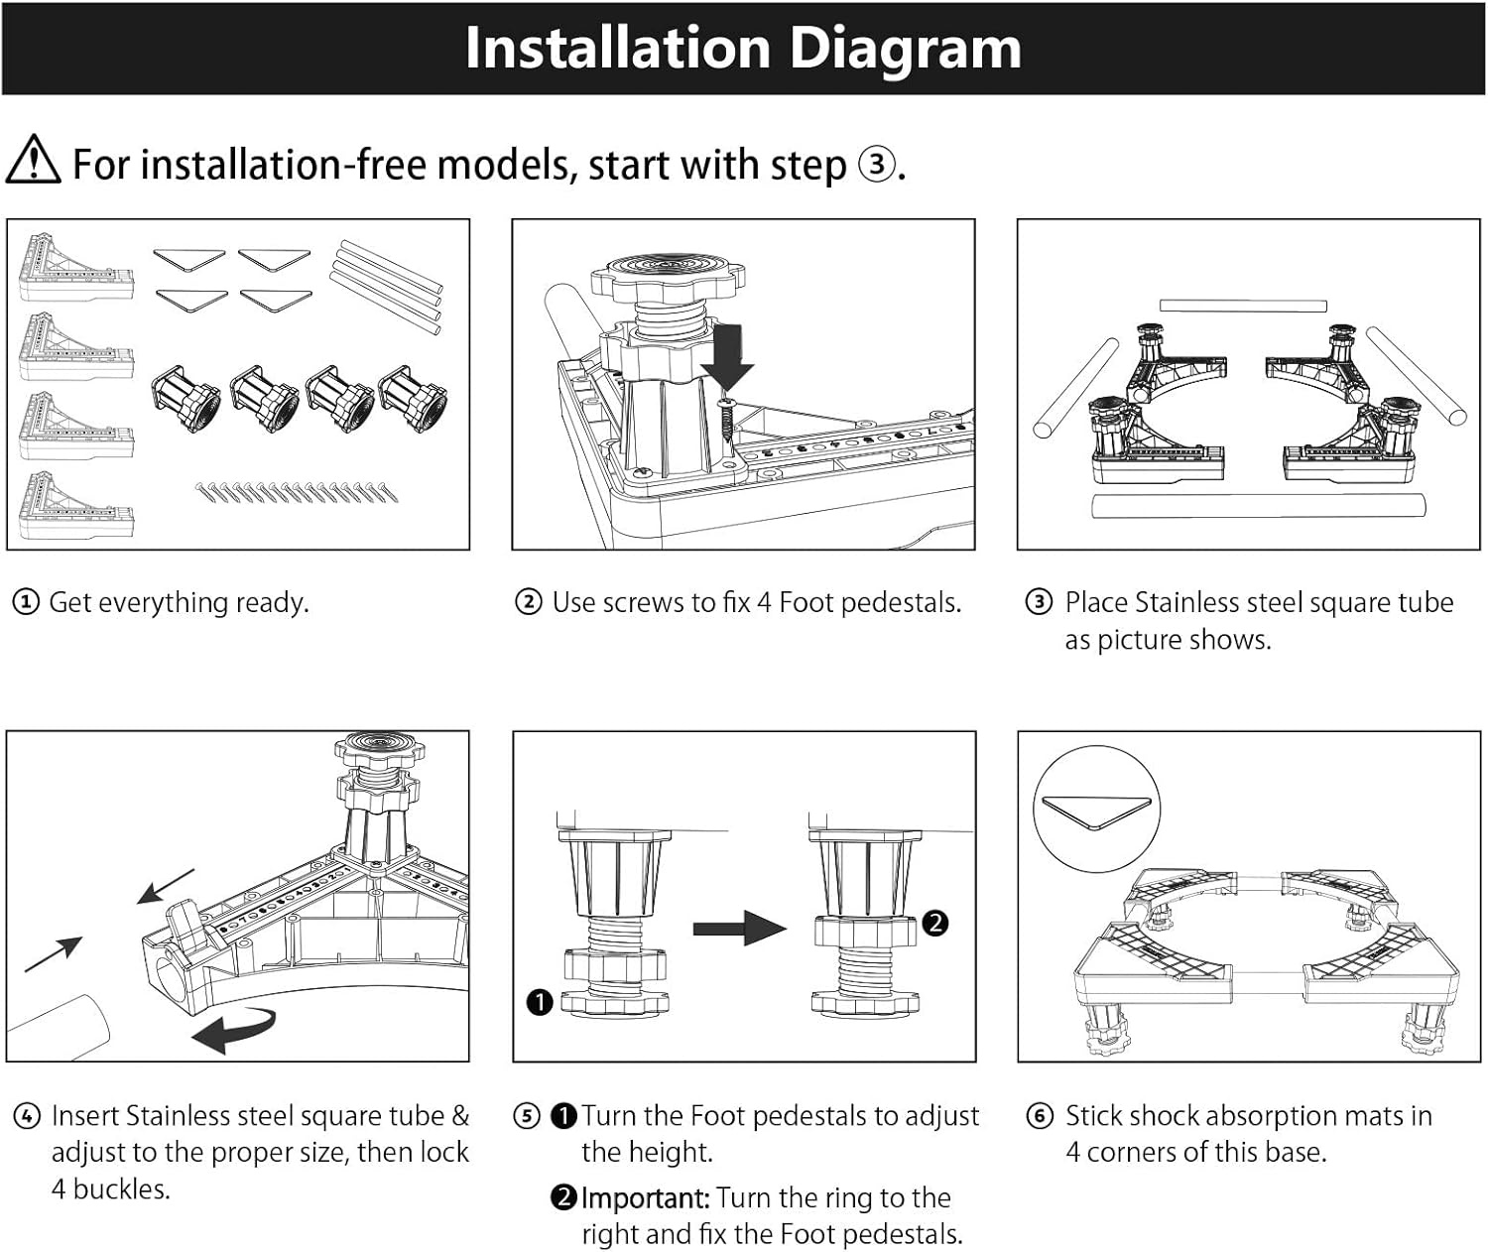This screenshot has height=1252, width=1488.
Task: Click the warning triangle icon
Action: pos(33,161)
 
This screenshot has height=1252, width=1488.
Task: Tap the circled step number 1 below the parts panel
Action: pos(25,602)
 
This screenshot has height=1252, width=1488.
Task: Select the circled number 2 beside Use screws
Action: pos(529,602)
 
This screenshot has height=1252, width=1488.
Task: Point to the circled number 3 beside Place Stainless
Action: pos(1039,602)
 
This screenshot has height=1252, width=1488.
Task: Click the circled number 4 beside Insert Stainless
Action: pos(27,1116)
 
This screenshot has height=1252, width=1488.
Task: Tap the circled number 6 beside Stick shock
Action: pos(1040,1116)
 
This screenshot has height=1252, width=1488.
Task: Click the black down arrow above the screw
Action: pos(729,358)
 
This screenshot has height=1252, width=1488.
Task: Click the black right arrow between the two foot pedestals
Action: pos(739,929)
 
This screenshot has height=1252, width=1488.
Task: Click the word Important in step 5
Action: pos(645,1198)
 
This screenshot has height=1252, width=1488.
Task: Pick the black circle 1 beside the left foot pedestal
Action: pos(539,1002)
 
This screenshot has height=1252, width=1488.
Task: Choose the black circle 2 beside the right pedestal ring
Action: pos(934,924)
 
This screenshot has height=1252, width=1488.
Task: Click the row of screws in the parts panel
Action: pos(297,490)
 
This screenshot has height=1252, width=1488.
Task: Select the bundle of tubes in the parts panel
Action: pos(387,286)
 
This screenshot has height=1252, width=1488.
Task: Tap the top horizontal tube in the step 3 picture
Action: pos(1242,306)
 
